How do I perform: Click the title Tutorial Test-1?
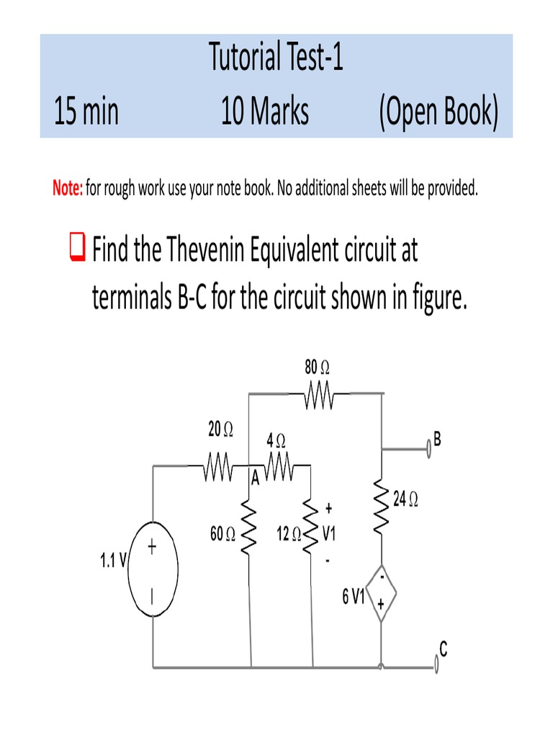[x=276, y=58]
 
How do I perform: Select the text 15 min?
[x=86, y=112]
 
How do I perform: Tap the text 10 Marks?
[x=265, y=112]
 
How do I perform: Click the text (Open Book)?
[x=437, y=112]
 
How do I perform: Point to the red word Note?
[x=68, y=189]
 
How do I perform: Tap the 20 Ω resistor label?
[x=220, y=430]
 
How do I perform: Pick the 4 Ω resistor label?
[x=276, y=439]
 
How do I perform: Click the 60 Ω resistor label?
[x=222, y=535]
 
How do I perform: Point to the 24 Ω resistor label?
[x=406, y=499]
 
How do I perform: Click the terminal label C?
[x=444, y=650]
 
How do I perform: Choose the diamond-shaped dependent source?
[x=381, y=594]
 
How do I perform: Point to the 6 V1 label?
[x=354, y=597]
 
